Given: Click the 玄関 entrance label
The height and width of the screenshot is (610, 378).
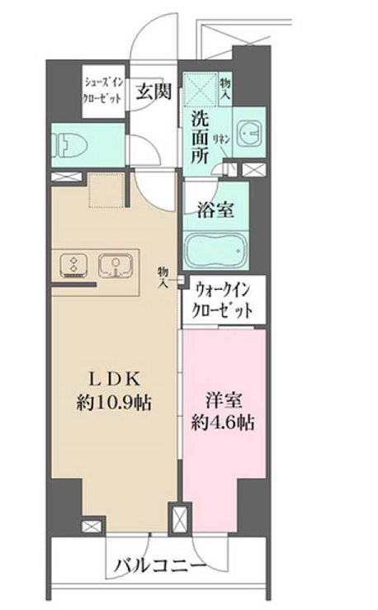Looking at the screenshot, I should pos(154,90).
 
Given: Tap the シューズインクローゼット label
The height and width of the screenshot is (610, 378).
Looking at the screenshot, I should pos(103,89).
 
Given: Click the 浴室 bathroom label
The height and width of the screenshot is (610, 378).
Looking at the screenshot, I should pos(215,210).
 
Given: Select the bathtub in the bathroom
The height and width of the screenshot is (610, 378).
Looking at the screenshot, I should pos(215,249).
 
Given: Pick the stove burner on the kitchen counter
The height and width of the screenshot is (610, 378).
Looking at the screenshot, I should pos(73,266).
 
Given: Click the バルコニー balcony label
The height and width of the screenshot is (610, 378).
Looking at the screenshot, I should pos(159,565).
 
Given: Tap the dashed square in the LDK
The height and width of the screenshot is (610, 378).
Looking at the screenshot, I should pos(105,190).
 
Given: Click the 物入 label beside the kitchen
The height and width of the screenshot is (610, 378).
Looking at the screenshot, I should pos(163,277).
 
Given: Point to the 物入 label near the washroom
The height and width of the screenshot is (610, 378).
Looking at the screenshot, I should pos(225,86).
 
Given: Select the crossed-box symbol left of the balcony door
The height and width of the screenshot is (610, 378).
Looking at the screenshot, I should pos(90,525).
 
